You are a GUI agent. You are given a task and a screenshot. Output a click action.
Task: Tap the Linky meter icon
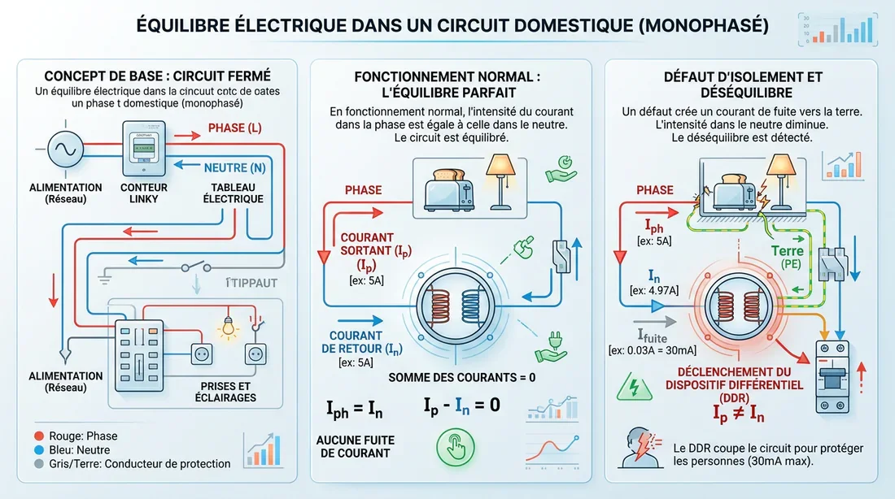point(143,149)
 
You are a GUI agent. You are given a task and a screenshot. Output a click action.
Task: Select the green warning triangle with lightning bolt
point(631,386)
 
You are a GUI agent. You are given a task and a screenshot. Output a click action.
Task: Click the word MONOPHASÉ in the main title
point(704,26)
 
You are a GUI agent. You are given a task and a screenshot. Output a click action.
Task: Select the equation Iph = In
point(354,410)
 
